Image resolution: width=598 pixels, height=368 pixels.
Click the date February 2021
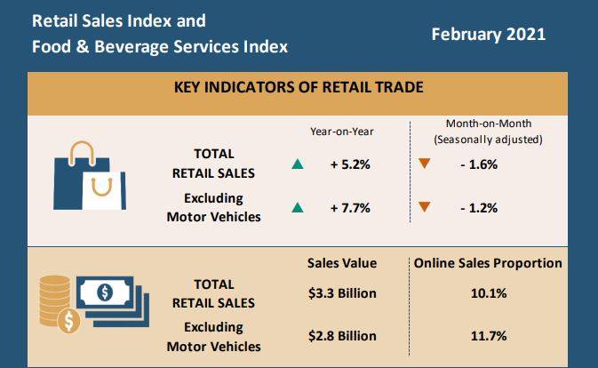(x=488, y=35)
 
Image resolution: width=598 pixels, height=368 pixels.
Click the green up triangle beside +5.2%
(x=297, y=164)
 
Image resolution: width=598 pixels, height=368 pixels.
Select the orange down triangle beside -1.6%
(x=425, y=164)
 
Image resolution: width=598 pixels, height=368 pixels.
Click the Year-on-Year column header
(x=342, y=131)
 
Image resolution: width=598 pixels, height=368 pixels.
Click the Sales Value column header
(x=342, y=263)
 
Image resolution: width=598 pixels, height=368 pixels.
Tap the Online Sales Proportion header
(x=487, y=263)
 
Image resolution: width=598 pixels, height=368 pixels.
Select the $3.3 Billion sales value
(x=342, y=293)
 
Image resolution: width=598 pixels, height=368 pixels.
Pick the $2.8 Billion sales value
(x=342, y=336)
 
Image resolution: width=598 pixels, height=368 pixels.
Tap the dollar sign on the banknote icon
(x=104, y=292)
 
